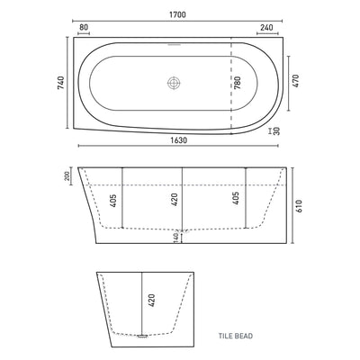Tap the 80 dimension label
(x=84, y=27)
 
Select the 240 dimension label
(x=266, y=27)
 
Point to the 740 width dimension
(x=60, y=83)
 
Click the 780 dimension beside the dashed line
(x=238, y=83)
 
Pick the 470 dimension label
(x=295, y=81)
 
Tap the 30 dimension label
(x=276, y=131)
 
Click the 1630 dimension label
(x=179, y=140)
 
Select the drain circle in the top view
(x=174, y=83)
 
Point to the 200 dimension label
(x=67, y=175)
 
